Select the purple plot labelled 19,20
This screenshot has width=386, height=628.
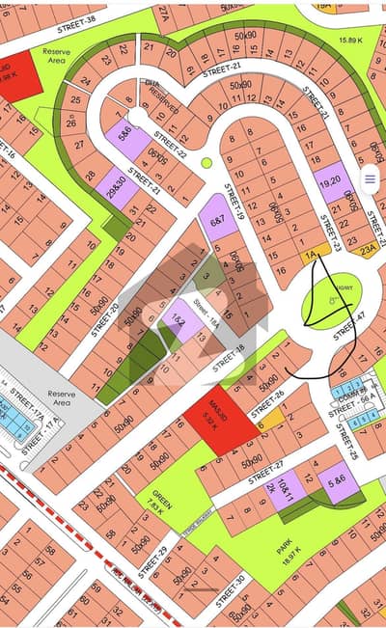click(x=331, y=180)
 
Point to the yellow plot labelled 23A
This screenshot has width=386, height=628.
click(x=368, y=249)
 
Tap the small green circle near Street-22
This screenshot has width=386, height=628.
click(x=207, y=163)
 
